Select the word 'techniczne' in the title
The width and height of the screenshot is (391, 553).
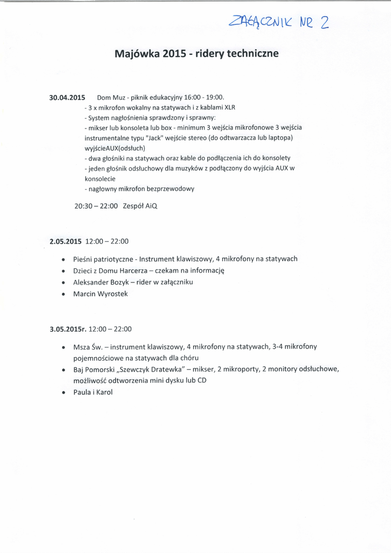click(x=251, y=54)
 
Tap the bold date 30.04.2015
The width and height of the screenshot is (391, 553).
click(x=67, y=98)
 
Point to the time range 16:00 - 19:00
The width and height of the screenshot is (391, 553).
click(x=204, y=98)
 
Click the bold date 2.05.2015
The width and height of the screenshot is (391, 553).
click(x=65, y=241)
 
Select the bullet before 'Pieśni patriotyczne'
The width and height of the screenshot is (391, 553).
click(x=64, y=259)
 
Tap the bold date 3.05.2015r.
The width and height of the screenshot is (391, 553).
click(x=68, y=328)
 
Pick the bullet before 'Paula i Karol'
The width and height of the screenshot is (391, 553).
click(x=64, y=393)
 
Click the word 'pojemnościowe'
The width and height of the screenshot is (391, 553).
click(x=100, y=358)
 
